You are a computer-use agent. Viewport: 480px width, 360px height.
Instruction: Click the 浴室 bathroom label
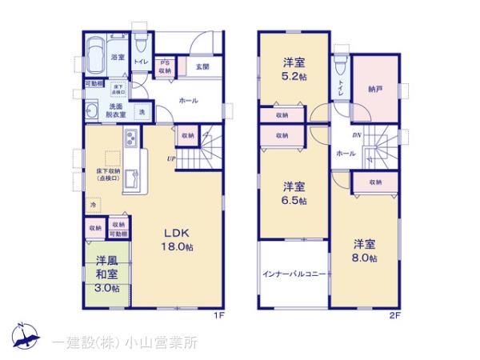coord(117,58)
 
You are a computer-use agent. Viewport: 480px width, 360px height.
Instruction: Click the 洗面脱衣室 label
coord(118,110)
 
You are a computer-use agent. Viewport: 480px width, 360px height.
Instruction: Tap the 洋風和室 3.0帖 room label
coord(107,274)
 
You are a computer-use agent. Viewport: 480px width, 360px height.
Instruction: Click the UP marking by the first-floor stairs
coord(171,159)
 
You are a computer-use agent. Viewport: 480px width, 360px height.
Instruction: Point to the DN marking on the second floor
coord(357,135)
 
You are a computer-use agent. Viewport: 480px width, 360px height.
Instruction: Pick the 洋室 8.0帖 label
coord(366,250)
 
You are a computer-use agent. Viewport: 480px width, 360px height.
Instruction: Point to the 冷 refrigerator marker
coord(93,206)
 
